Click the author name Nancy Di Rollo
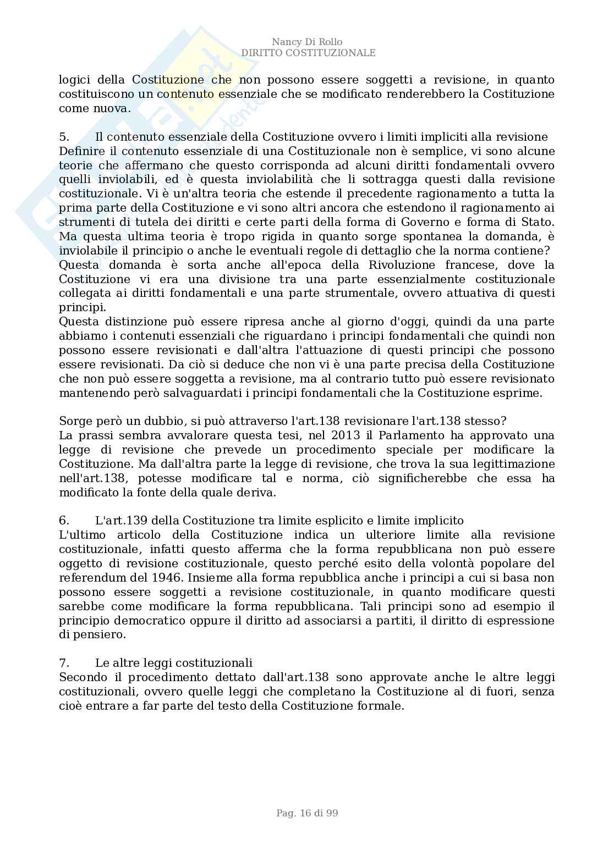click(307, 42)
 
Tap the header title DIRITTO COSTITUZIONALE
click(308, 53)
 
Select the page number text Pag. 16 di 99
click(307, 813)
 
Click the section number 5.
click(63, 137)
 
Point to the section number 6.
click(63, 521)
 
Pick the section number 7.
click(63, 662)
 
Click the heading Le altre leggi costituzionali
click(173, 662)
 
